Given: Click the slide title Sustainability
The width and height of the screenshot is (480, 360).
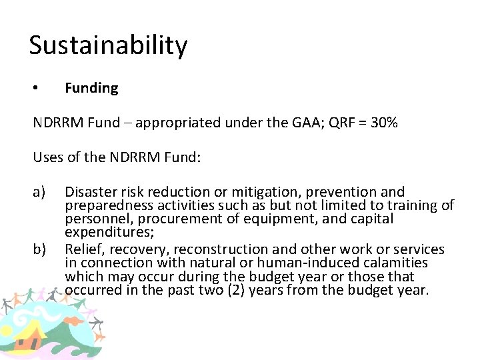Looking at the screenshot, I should [x=108, y=46].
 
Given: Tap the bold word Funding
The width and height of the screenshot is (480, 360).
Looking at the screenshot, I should [x=91, y=88].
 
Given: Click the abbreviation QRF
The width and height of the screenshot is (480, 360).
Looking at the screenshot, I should [x=344, y=123].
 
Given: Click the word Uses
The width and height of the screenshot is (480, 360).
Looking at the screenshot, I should [x=48, y=157].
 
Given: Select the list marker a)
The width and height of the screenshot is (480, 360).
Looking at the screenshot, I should [x=39, y=193].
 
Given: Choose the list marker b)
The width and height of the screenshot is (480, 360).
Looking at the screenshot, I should [x=39, y=249].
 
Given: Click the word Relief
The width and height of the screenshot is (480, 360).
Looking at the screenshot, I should [x=81, y=249].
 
